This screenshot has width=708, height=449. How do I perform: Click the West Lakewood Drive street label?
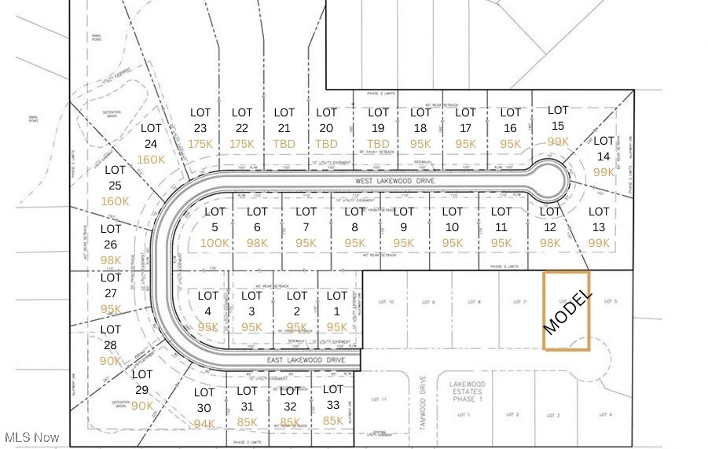[x=394, y=181]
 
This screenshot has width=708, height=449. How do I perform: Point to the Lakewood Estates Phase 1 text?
[x=468, y=389]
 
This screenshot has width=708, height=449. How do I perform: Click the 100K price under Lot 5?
[x=215, y=243]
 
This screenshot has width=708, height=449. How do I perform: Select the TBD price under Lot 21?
[x=284, y=144]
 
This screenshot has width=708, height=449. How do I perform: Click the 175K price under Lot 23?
[x=200, y=144]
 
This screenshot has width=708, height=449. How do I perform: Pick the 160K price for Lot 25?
[x=115, y=201]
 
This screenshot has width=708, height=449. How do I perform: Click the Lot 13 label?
[x=599, y=219]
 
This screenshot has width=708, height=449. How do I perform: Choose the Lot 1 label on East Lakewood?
[x=336, y=304]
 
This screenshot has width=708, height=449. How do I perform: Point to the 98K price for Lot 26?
[x=111, y=260]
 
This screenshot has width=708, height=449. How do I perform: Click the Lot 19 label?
[x=378, y=120]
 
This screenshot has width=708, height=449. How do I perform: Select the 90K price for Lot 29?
[x=142, y=406]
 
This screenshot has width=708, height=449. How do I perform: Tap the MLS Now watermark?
[x=31, y=437]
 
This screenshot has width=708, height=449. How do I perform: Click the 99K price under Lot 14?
[x=603, y=172]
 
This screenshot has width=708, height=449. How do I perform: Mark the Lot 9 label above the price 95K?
[x=403, y=219]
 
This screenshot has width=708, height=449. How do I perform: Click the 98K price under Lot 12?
[x=550, y=243]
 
